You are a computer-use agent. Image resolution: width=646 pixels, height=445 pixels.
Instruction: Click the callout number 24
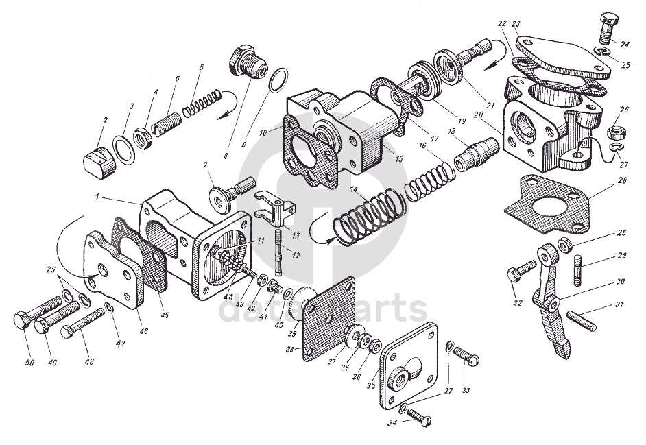(625, 45)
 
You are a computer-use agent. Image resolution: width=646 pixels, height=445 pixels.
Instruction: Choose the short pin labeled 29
(577, 267)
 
